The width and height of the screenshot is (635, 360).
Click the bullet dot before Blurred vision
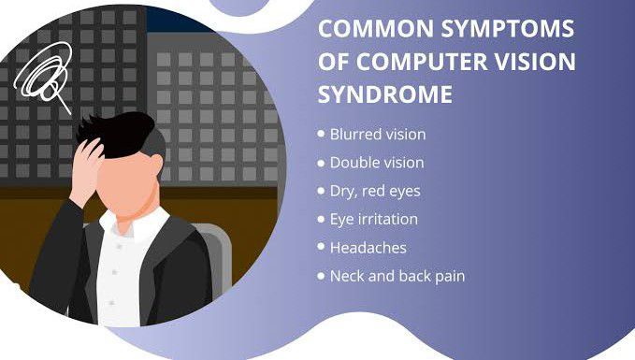coord(322,134)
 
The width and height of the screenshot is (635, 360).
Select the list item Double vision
coord(376,163)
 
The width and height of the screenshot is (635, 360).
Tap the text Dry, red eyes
coord(375,192)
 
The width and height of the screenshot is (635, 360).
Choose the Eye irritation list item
coord(373,220)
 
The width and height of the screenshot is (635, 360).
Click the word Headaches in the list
coord(368,248)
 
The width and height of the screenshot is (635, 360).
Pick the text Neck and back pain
coord(397,277)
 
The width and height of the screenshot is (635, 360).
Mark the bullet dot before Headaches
coord(322,248)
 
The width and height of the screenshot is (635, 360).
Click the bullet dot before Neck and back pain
coord(322,277)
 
